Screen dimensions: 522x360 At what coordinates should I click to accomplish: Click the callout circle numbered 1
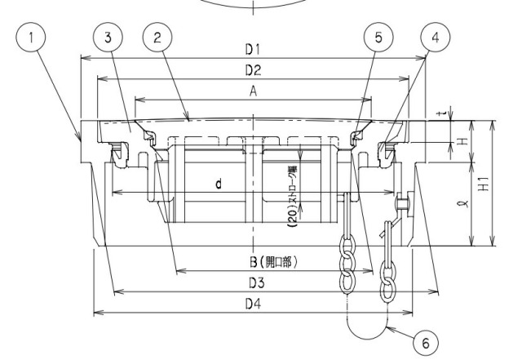[x=31, y=38]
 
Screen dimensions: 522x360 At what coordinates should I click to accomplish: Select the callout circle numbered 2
[x=157, y=38]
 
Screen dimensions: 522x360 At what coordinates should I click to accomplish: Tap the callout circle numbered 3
[x=108, y=38]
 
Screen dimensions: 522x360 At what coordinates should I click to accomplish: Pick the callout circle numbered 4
[x=436, y=38]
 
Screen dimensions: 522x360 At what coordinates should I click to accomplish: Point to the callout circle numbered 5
[x=378, y=38]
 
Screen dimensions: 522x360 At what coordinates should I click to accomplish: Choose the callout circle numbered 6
[x=426, y=344]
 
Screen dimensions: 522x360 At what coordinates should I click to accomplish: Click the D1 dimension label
[x=253, y=50]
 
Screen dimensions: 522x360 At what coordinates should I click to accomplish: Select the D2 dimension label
[x=253, y=70]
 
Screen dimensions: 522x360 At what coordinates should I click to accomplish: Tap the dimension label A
[x=254, y=91]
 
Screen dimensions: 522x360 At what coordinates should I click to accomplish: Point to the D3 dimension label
[x=257, y=283]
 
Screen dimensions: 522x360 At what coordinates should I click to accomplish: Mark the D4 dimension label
[x=254, y=304]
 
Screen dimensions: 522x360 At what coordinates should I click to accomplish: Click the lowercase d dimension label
[x=219, y=184]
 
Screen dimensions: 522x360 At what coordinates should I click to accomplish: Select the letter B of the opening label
[x=254, y=262]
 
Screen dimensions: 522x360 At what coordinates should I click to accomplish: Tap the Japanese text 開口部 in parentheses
[x=277, y=263]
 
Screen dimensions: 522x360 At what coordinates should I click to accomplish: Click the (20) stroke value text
[x=293, y=219]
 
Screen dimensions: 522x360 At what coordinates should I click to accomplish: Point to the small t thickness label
[x=441, y=114]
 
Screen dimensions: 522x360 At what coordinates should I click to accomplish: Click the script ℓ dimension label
[x=465, y=203]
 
